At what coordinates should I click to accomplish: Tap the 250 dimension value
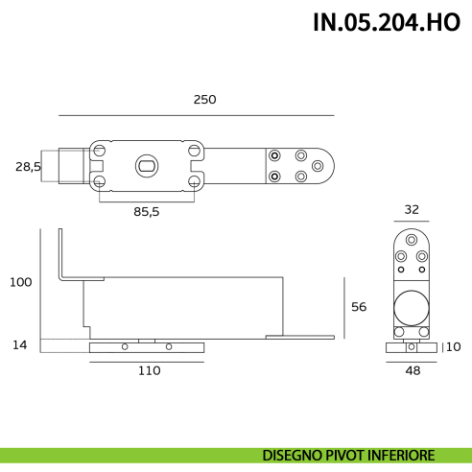click(x=204, y=100)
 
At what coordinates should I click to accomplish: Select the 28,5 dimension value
click(x=28, y=166)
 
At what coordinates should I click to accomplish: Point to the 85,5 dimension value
click(x=146, y=212)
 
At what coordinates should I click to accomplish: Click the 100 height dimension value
click(x=20, y=282)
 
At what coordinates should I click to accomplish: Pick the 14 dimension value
click(x=20, y=343)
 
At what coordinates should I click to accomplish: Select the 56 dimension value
click(x=359, y=307)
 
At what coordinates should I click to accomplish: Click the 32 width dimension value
click(x=412, y=208)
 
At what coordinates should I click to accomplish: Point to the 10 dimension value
click(x=454, y=346)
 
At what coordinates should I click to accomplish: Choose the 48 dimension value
click(x=412, y=369)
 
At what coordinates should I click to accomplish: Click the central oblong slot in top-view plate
click(x=146, y=166)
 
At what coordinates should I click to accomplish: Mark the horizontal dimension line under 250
click(x=197, y=115)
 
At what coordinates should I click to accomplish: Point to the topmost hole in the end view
click(x=412, y=240)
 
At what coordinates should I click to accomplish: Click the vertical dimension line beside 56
click(x=342, y=307)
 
